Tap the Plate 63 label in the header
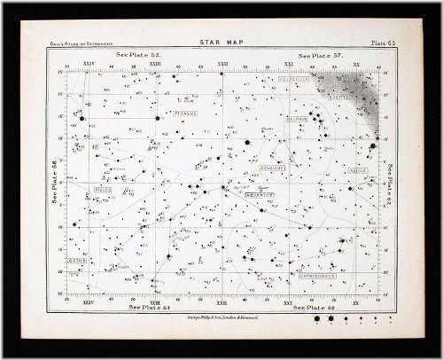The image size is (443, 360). (x=365, y=43)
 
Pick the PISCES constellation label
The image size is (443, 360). (x=105, y=188)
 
